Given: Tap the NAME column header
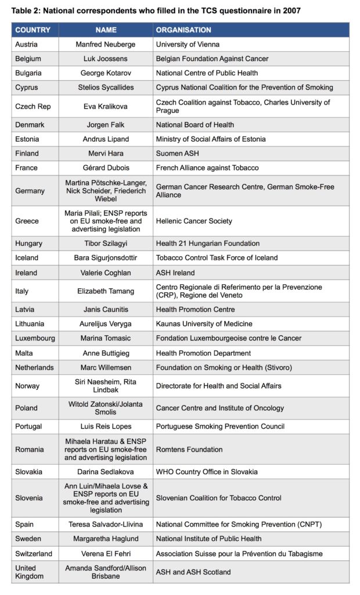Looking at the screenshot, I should pyautogui.click(x=105, y=30).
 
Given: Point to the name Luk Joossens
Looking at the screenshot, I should pyautogui.click(x=105, y=59).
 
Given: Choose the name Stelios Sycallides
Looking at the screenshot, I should pyautogui.click(x=105, y=88).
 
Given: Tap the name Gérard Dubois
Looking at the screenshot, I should pyautogui.click(x=105, y=168).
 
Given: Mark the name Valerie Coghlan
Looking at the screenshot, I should pyautogui.click(x=105, y=273).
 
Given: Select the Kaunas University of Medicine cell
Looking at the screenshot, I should pyautogui.click(x=204, y=324).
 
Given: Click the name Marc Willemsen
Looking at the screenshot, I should pyautogui.click(x=105, y=368).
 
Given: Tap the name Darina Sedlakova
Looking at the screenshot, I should pyautogui.click(x=105, y=471).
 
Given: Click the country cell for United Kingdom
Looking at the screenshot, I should pyautogui.click(x=29, y=572).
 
